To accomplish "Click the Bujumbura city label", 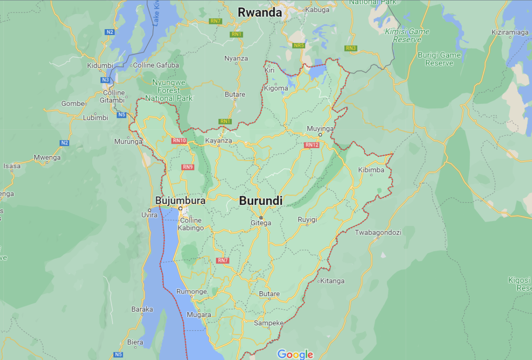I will [x=180, y=201].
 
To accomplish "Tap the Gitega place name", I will [x=261, y=223].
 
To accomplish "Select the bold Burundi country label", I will [x=261, y=201].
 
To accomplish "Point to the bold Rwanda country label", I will [x=260, y=13].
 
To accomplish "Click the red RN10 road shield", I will [x=180, y=141].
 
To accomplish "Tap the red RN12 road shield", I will [x=312, y=145].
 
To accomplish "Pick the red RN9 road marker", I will [x=188, y=167].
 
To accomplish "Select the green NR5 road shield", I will [x=299, y=45].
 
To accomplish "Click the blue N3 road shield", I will [x=105, y=80].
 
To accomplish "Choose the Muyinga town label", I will [x=320, y=129].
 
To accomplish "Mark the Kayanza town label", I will [x=219, y=141].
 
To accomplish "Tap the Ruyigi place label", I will [x=308, y=219].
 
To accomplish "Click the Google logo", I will [x=295, y=354].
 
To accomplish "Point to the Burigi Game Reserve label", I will [x=439, y=59].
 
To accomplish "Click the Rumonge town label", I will [x=192, y=292].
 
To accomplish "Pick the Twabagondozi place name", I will [x=378, y=232].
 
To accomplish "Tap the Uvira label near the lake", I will [x=149, y=215].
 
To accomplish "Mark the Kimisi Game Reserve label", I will [x=407, y=35].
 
